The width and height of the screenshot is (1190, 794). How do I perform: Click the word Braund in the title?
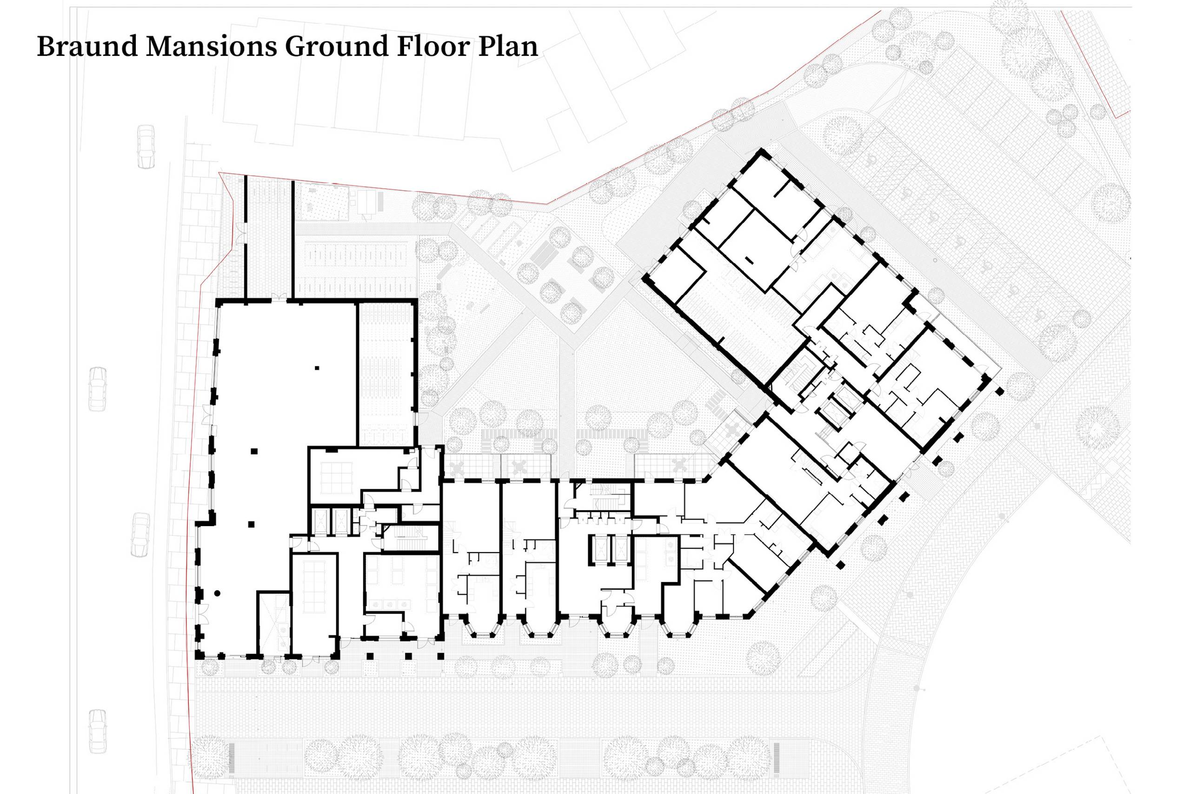point(87,47)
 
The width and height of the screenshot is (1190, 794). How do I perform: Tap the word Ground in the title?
point(337,47)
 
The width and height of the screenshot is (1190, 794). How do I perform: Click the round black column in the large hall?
point(217,593)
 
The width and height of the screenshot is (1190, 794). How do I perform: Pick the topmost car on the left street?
point(146,147)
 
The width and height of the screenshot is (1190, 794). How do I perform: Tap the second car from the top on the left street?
point(98,389)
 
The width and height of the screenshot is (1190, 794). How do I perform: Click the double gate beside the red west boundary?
point(240,234)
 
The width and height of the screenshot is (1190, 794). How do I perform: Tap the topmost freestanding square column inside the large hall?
point(317,367)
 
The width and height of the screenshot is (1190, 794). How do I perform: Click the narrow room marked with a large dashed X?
point(273,623)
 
